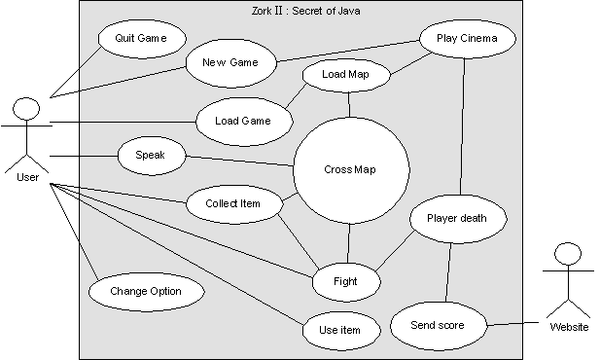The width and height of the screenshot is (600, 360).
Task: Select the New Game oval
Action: tap(229, 63)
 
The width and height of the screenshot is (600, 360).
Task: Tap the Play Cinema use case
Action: tap(467, 39)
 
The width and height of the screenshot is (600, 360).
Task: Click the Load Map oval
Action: tap(346, 74)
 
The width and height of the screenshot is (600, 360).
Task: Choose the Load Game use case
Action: tap(245, 122)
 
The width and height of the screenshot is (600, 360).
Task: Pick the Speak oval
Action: tap(151, 155)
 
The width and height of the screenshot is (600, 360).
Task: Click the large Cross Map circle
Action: tap(348, 170)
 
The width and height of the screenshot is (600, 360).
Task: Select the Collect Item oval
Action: tap(232, 203)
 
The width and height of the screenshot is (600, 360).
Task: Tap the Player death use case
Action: tap(461, 218)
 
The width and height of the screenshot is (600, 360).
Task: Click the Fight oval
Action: tap(345, 281)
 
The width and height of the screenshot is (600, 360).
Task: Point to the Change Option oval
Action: tap(146, 291)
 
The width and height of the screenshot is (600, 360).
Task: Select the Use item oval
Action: tap(339, 330)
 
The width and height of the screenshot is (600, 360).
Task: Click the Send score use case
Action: tap(438, 325)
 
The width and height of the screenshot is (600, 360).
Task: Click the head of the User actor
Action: tap(28, 108)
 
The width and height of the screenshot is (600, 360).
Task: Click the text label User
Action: tap(28, 177)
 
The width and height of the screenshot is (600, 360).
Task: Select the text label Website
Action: tap(568, 327)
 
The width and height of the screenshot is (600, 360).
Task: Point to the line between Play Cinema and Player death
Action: tap(463, 126)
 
